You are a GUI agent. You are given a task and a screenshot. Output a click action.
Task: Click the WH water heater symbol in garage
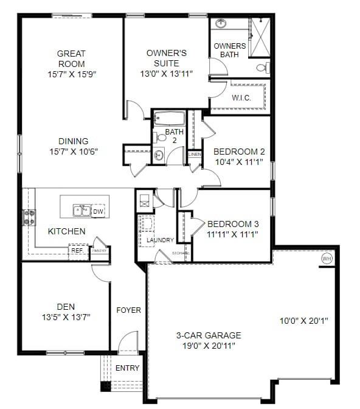pos(327,259)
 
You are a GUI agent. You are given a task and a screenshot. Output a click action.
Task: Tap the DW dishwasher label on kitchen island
pos(97,211)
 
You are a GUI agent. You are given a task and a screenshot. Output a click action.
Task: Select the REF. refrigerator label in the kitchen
pos(77,250)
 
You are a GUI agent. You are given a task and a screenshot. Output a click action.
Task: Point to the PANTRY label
pos(100,250)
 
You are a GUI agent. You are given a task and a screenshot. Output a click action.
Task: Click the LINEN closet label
pos(195,155)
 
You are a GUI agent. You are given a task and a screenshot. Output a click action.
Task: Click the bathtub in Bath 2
pos(169,118)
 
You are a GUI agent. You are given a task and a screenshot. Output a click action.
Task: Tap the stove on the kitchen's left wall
pos(28,217)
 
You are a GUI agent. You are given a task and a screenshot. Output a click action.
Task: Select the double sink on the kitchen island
pos(81,211)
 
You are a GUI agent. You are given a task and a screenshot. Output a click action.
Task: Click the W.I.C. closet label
pos(241,97)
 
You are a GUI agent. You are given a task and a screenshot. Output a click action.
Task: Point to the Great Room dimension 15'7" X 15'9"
pos(71,74)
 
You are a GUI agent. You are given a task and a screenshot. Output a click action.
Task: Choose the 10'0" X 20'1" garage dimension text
pos(303,321)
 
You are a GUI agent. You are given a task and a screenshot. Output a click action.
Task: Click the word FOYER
pos(128,310)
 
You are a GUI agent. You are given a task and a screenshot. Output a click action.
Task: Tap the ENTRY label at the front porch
pos(127,368)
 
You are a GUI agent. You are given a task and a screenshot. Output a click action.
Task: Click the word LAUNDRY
pos(160,240)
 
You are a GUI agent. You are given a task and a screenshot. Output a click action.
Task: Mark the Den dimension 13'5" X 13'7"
pos(66,316)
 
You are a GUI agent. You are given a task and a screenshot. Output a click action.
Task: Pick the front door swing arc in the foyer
pos(128,342)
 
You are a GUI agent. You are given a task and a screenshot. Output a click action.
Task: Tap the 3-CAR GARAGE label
pos(209,335)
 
